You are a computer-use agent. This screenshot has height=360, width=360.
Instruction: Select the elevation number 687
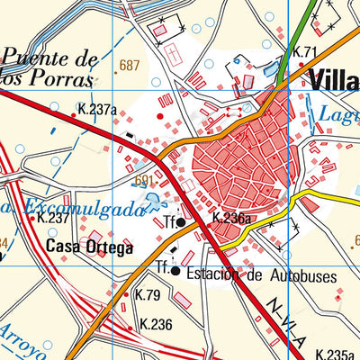coord(130,65)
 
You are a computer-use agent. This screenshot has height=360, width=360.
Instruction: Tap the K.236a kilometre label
coord(230,218)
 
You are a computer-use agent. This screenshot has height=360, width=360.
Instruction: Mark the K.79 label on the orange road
coord(147,295)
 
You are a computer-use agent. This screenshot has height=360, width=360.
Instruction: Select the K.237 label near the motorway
coord(52,218)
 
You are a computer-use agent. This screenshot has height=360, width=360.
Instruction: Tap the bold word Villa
coord(332,78)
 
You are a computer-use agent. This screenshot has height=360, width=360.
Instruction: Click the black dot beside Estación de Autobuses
coord(175,270)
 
